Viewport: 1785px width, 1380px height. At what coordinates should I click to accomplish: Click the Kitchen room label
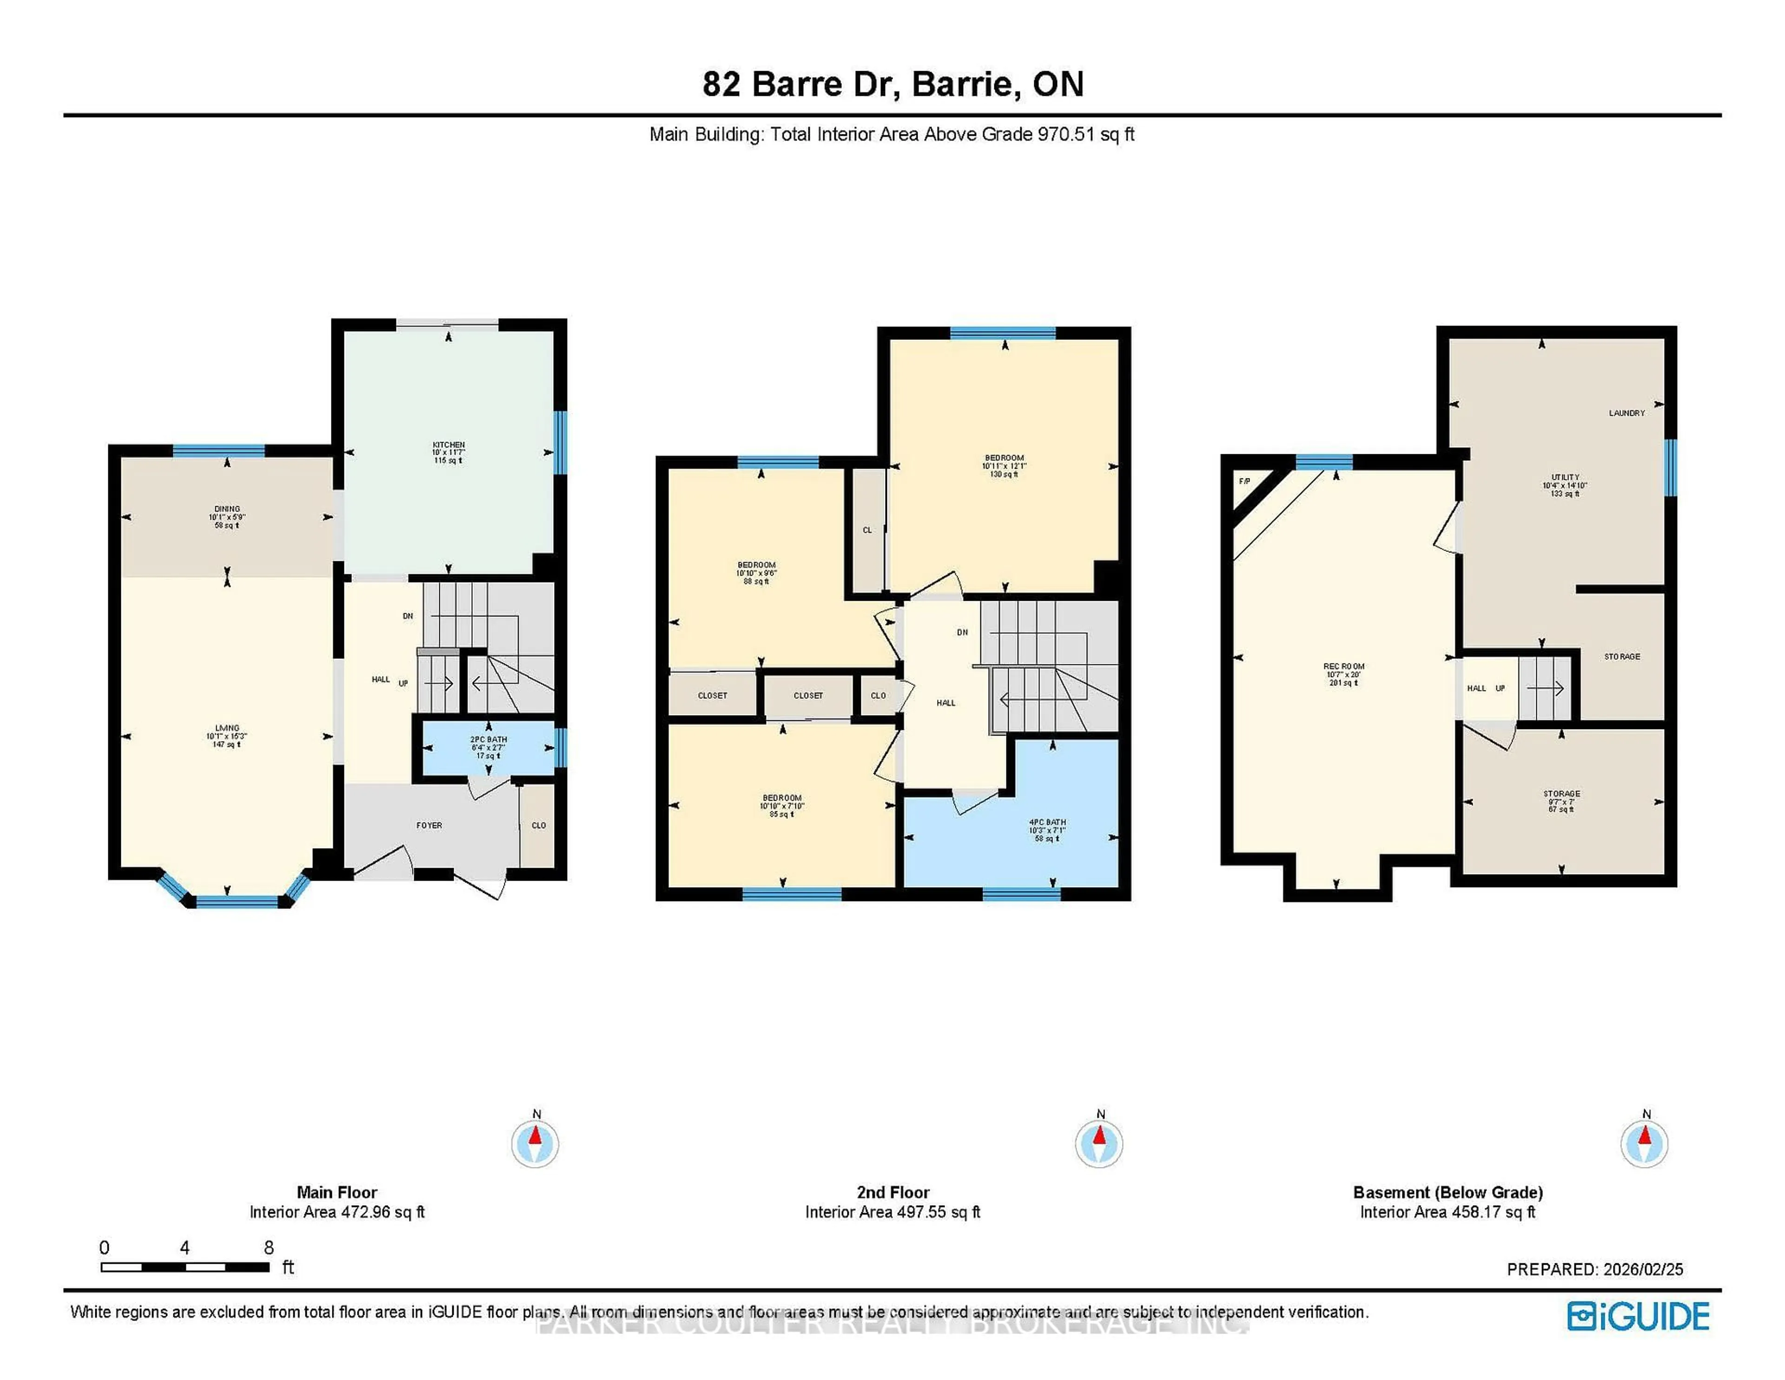[448, 445]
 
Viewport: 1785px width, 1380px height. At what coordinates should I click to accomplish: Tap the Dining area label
[227, 509]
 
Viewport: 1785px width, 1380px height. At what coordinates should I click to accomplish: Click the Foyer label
[429, 826]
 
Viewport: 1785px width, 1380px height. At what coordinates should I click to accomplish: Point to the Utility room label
[1565, 478]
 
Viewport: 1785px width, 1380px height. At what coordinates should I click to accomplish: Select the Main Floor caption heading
[337, 1192]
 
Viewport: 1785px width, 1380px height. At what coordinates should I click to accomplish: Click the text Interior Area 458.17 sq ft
[1448, 1213]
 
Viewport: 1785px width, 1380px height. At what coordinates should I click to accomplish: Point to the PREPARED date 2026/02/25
[1643, 1270]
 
